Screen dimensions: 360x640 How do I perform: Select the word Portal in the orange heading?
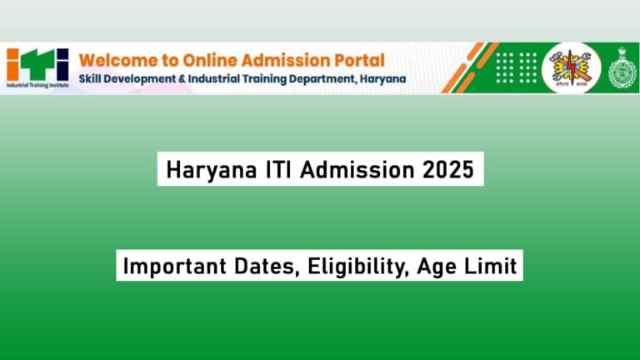(360, 60)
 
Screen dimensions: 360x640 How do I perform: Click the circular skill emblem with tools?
(571, 66)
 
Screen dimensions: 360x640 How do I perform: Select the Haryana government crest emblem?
(622, 66)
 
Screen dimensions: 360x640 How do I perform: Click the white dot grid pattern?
(516, 66)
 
